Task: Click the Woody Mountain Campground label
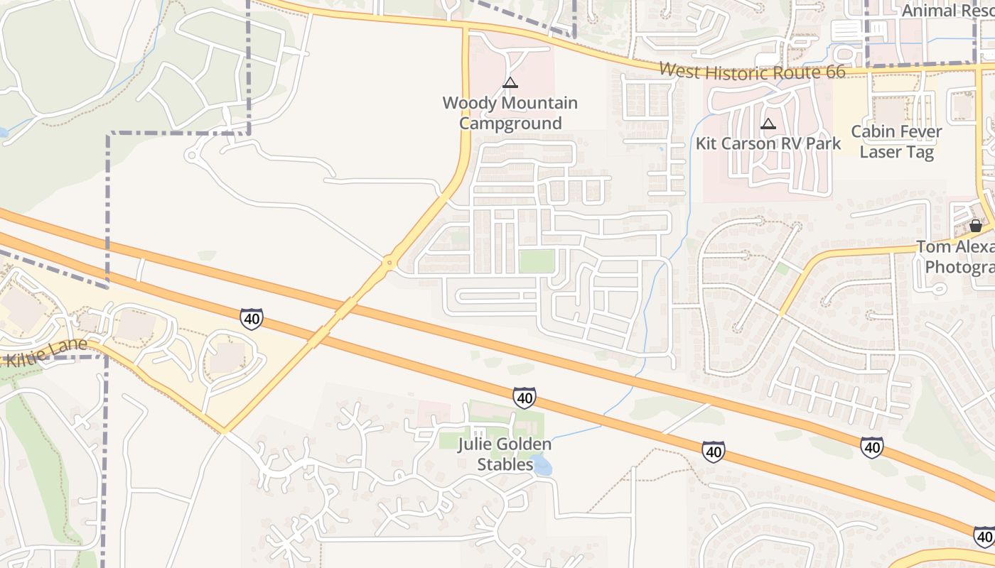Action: pyautogui.click(x=510, y=113)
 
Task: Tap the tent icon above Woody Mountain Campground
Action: pyautogui.click(x=510, y=83)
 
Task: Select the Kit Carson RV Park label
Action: pyautogui.click(x=768, y=143)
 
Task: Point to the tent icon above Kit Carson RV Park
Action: pyautogui.click(x=768, y=124)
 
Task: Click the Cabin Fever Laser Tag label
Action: pyautogui.click(x=896, y=141)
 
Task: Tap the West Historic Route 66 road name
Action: pyautogui.click(x=752, y=71)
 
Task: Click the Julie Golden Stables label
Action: pyautogui.click(x=505, y=454)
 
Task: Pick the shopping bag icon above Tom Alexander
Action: pyautogui.click(x=976, y=226)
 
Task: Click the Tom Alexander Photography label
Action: pyautogui.click(x=956, y=257)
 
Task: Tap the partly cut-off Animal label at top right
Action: pyautogui.click(x=947, y=11)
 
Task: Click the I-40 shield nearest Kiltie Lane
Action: pyautogui.click(x=251, y=319)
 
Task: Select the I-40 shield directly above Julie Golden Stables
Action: pyautogui.click(x=525, y=398)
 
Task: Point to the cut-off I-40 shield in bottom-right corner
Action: pyautogui.click(x=984, y=536)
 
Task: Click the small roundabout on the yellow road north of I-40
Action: pyautogui.click(x=389, y=263)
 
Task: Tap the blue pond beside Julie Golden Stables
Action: pyautogui.click(x=542, y=465)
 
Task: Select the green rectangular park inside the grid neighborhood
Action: pyautogui.click(x=537, y=261)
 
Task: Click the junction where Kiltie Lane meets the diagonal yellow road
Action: pyautogui.click(x=225, y=430)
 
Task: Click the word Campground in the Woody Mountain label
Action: pyautogui.click(x=510, y=124)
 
